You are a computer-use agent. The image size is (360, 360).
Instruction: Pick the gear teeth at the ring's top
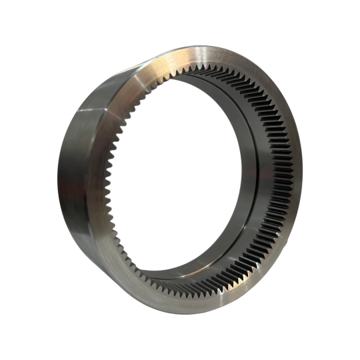(x=200, y=73)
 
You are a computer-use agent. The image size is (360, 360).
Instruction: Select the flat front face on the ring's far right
(x=293, y=180)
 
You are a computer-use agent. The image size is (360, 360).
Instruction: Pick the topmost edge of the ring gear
(x=200, y=46)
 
